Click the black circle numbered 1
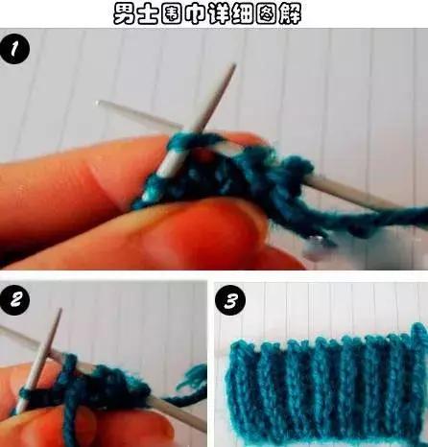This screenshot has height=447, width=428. click(14, 50)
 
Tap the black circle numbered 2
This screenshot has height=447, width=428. click(14, 300)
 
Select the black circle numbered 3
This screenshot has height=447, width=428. click(230, 301)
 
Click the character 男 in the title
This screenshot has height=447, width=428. click(125, 13)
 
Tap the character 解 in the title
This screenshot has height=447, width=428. click(290, 14)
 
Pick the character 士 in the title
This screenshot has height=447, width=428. click(149, 14)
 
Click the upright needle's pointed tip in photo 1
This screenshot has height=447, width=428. click(234, 65)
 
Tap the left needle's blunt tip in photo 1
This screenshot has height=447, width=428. click(97, 103)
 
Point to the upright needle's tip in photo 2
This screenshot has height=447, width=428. click(59, 310)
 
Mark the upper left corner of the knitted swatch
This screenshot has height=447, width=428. click(232, 343)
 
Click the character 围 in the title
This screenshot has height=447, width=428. click(173, 14)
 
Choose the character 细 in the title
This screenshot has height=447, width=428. click(243, 14)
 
